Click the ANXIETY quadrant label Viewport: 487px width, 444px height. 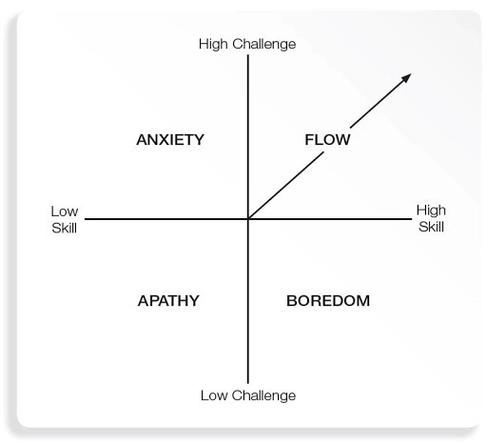(x=170, y=140)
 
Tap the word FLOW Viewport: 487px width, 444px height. (x=327, y=140)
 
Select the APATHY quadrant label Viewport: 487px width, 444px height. (x=168, y=301)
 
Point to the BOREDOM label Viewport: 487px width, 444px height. (x=328, y=301)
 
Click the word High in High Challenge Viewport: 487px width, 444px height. (x=213, y=45)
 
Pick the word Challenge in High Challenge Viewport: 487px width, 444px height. (x=264, y=45)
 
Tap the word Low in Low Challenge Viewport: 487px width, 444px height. (x=214, y=395)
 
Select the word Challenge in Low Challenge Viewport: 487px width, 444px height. (x=263, y=396)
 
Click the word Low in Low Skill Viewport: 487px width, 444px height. (x=65, y=212)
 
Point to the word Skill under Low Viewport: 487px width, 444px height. (x=64, y=228)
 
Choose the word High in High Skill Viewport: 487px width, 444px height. (x=431, y=211)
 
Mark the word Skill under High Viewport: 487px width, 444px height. (x=431, y=227)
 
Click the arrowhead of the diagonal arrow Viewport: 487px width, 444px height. (x=407, y=77)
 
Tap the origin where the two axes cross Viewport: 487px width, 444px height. (x=248, y=219)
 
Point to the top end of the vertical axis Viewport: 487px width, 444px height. (x=248, y=55)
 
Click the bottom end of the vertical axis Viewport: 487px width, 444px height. (x=248, y=383)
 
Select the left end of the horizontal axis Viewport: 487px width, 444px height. (x=85, y=219)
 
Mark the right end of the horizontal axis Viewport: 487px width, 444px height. (x=412, y=219)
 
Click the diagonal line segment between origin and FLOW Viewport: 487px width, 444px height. (x=285, y=186)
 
